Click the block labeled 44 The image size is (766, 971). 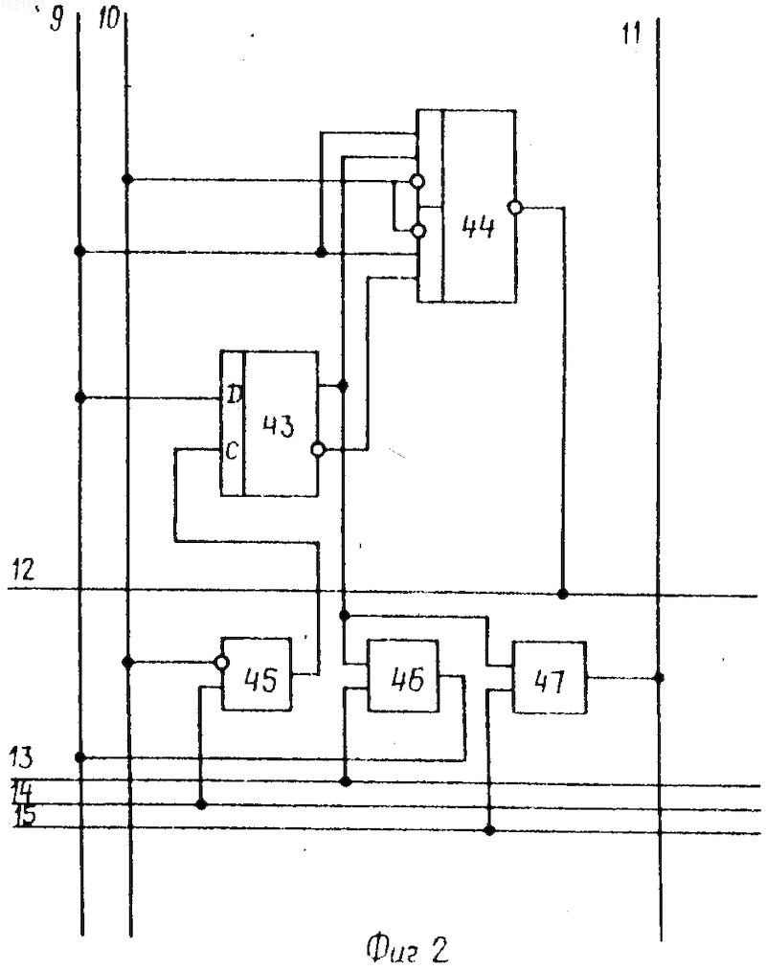pos(466,206)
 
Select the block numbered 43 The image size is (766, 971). pos(269,423)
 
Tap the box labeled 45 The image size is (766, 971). pos(257,674)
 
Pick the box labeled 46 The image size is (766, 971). pos(403,676)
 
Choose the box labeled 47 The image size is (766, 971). pos(550,677)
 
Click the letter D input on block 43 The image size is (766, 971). pos(234,394)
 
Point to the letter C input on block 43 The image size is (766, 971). pos(232,450)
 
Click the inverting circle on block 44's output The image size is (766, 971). pos(514,208)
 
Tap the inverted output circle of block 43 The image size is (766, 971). pos(318,449)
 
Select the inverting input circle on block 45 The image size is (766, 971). pos(221,664)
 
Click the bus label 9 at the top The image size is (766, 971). pos(56,19)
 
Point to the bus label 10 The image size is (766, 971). pos(108,18)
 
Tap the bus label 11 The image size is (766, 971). pos(631,34)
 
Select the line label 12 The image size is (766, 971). pos(23,569)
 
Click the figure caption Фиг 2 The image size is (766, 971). pos(407,948)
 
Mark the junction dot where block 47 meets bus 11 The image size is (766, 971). pos(660,677)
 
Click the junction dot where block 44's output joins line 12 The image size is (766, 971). pos(562,594)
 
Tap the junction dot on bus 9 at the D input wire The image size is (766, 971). pos(79,397)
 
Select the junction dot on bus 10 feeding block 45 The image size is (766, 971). pos(127,662)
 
